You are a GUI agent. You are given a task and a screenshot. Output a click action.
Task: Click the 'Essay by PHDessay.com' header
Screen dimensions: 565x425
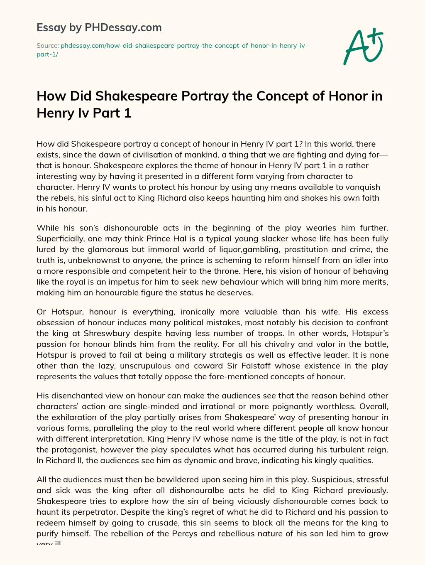pos(99,27)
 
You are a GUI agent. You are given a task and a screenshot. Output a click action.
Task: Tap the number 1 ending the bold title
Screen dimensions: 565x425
pos(128,113)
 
